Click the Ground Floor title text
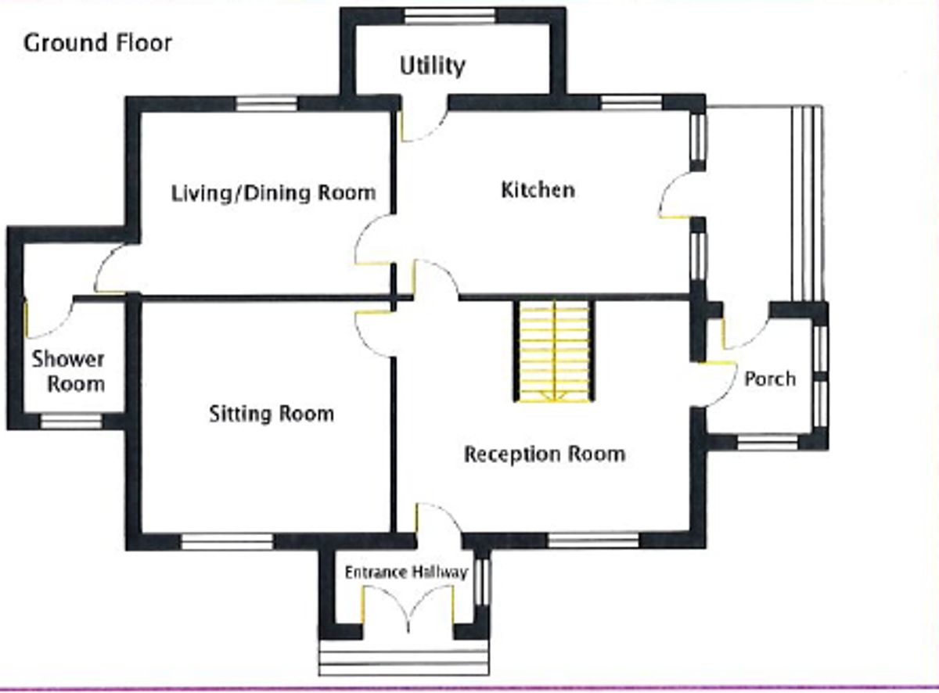click(98, 43)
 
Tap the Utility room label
click(432, 66)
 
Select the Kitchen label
click(538, 190)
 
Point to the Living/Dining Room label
click(273, 192)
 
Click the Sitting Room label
click(271, 413)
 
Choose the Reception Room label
click(545, 454)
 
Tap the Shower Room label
click(68, 372)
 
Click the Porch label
click(769, 379)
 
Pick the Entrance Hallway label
click(406, 573)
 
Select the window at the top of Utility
click(450, 16)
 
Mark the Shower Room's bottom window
click(71, 422)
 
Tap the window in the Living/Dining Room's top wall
click(267, 103)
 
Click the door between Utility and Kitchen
click(423, 121)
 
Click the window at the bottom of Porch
click(768, 443)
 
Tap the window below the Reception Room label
click(593, 540)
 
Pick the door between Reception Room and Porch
click(716, 383)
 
